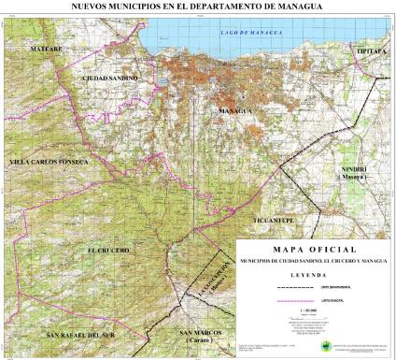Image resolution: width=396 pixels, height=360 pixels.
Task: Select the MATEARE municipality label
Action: click(x=46, y=47)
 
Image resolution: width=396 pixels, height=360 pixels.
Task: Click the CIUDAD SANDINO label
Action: click(x=109, y=78)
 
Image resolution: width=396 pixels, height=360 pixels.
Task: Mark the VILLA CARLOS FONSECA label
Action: click(x=48, y=162)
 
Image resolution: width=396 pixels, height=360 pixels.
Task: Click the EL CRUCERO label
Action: click(x=108, y=250)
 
